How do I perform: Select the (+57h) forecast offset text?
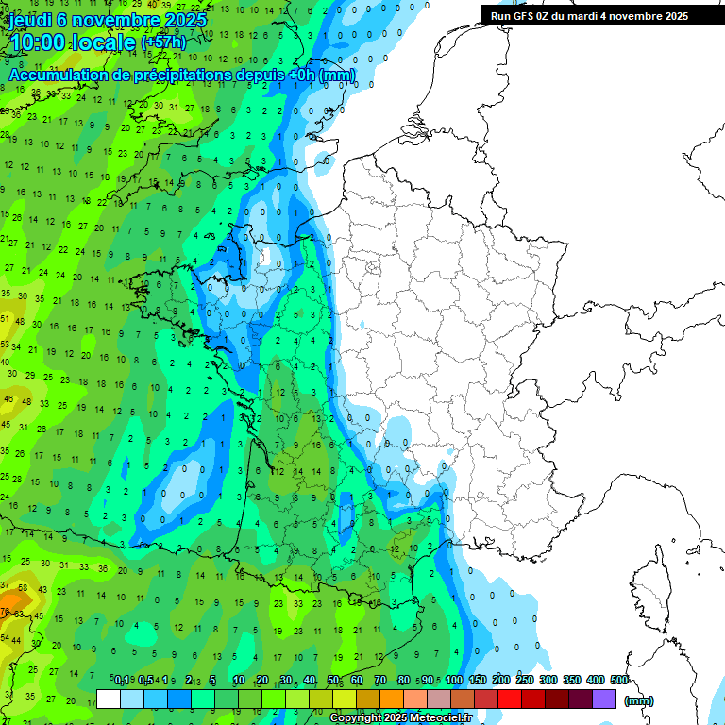163,43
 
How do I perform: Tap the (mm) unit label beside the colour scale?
638,700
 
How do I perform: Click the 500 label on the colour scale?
618,680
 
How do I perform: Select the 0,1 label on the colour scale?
122,680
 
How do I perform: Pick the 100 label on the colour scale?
453,680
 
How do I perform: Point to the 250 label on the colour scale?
524,680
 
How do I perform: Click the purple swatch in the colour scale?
604,699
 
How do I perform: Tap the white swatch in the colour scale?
109,699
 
